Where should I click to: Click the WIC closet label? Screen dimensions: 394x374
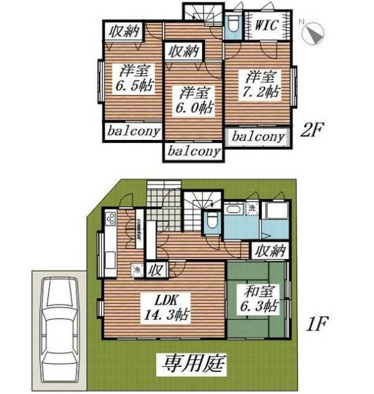270,27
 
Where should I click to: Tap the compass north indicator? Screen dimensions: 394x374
314,33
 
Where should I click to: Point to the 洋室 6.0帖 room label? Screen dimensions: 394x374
193,100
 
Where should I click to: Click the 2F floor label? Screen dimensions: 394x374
312,131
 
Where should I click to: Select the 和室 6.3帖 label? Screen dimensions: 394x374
258,300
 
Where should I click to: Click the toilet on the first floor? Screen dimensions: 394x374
210,222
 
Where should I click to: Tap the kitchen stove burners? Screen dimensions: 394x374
110,219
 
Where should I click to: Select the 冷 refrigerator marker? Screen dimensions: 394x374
136,270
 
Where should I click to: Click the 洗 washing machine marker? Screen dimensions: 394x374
251,208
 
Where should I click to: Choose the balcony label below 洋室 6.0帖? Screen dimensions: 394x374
193,151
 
